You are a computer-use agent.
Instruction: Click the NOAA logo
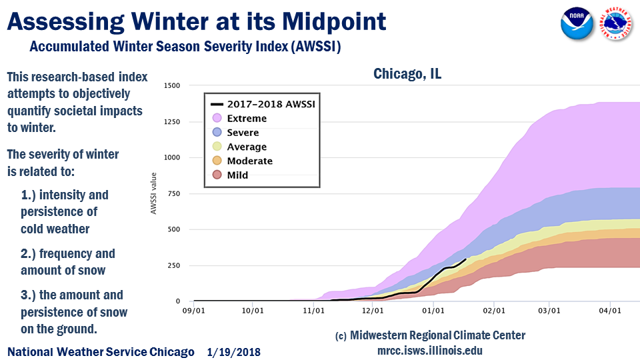click(x=577, y=25)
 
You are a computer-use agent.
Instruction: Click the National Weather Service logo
click(x=617, y=25)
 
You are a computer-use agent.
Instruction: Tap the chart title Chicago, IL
click(x=407, y=74)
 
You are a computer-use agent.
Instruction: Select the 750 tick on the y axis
click(x=174, y=193)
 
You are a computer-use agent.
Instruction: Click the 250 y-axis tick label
click(x=174, y=265)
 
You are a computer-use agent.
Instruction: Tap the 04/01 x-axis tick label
click(x=610, y=310)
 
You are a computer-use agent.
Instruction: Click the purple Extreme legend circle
click(x=216, y=119)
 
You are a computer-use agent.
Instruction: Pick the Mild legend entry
click(x=237, y=175)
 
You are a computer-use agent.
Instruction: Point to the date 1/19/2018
click(x=233, y=351)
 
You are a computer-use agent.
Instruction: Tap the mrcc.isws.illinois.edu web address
click(x=429, y=350)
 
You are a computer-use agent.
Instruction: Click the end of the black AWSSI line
click(x=465, y=259)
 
